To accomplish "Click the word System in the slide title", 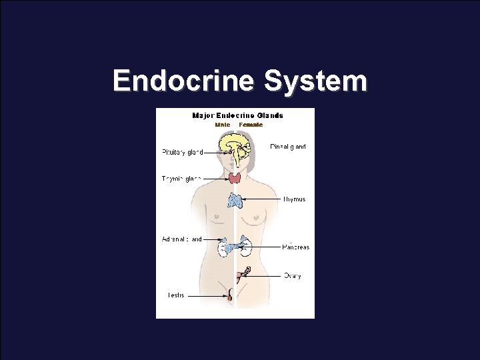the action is coord(315,81).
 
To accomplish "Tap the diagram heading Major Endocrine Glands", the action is coord(237,115).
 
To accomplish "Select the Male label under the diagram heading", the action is coord(222,125).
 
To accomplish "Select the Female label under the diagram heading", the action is coord(251,125).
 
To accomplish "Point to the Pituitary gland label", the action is coord(182,152).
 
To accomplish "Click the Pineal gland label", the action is coord(288,147).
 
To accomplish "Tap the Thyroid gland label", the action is coord(181,178).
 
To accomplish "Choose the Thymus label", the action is coord(294,199).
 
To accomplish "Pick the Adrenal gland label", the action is coord(181,239).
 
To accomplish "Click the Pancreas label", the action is coord(295,247).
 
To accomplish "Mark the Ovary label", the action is coord(292,275).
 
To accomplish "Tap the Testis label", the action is coord(175,295).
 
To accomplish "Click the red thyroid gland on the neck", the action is coord(235,177).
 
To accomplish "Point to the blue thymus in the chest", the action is coord(236,199).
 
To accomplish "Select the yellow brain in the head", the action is coord(234,145).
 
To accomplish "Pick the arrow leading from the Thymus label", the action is coord(263,199).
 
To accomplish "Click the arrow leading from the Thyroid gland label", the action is coord(215,177).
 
